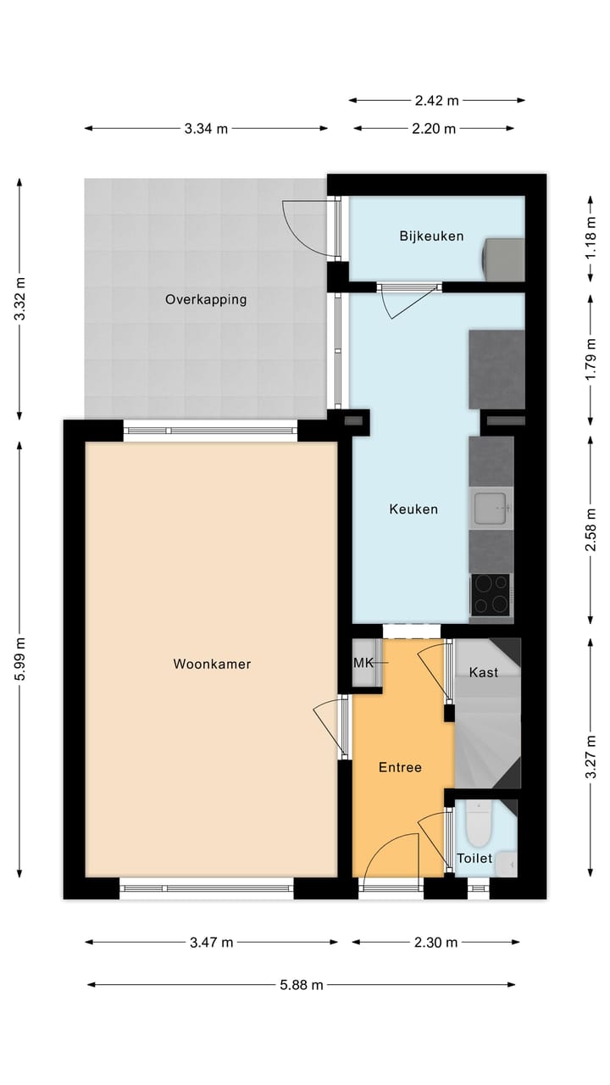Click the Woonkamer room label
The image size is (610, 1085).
(212, 664)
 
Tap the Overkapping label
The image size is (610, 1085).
(206, 299)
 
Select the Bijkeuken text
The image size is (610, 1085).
(431, 236)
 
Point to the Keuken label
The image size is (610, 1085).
(413, 509)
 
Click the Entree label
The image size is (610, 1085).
(400, 767)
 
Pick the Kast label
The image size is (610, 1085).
(483, 672)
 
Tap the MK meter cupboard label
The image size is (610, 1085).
(363, 662)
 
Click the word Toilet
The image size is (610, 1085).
(474, 858)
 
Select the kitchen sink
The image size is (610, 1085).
(491, 509)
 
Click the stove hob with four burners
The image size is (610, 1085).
(491, 593)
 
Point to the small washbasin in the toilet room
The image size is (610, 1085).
(506, 864)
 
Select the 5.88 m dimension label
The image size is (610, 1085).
(301, 985)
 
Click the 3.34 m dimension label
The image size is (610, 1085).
(206, 129)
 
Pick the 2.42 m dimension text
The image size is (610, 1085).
(436, 100)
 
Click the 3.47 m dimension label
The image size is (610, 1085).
(211, 943)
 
